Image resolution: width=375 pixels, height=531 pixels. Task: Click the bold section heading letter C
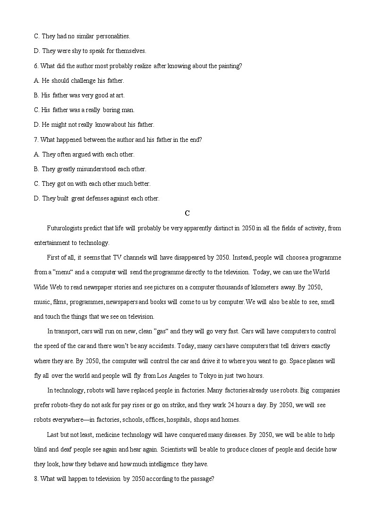coord(187,213)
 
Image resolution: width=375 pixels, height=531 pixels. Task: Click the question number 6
coord(36,66)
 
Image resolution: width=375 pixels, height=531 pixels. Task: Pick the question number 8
coord(36,479)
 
